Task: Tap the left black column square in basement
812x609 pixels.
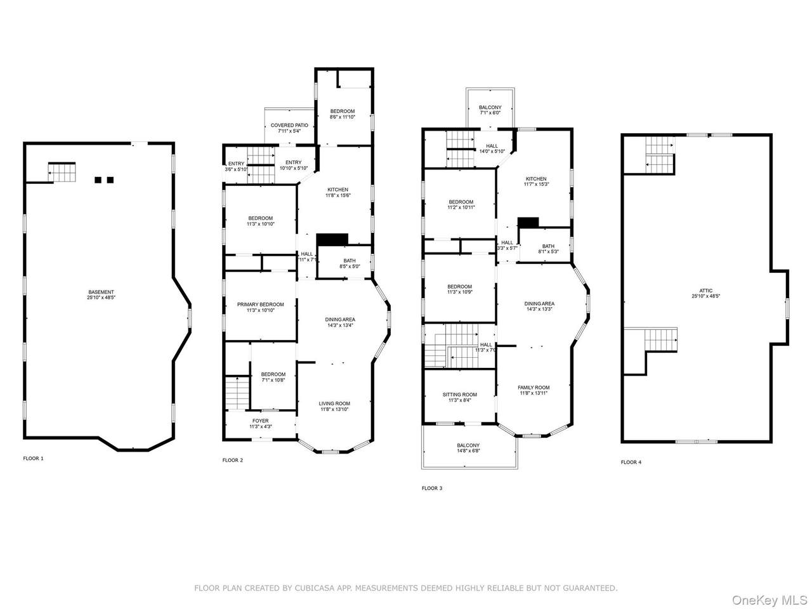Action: [98, 180]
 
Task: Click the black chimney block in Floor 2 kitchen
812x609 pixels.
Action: [332, 239]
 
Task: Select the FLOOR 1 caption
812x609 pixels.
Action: [33, 458]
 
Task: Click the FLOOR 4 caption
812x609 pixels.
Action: [631, 462]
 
